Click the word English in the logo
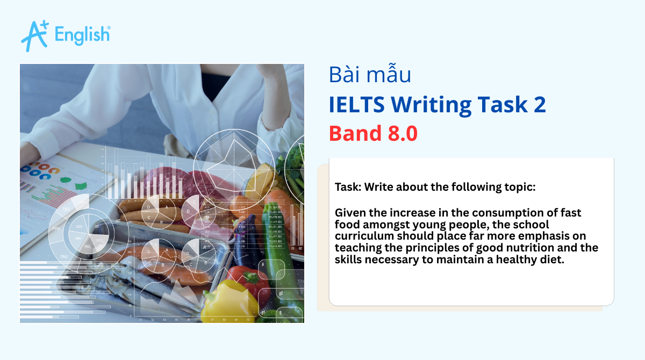[82, 35]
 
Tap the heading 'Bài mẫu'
[370, 75]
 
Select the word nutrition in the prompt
[543, 248]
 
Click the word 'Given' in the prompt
[349, 213]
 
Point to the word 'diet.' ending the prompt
[551, 259]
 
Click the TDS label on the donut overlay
[66, 209]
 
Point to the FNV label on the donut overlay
[64, 257]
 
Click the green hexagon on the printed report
[81, 185]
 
